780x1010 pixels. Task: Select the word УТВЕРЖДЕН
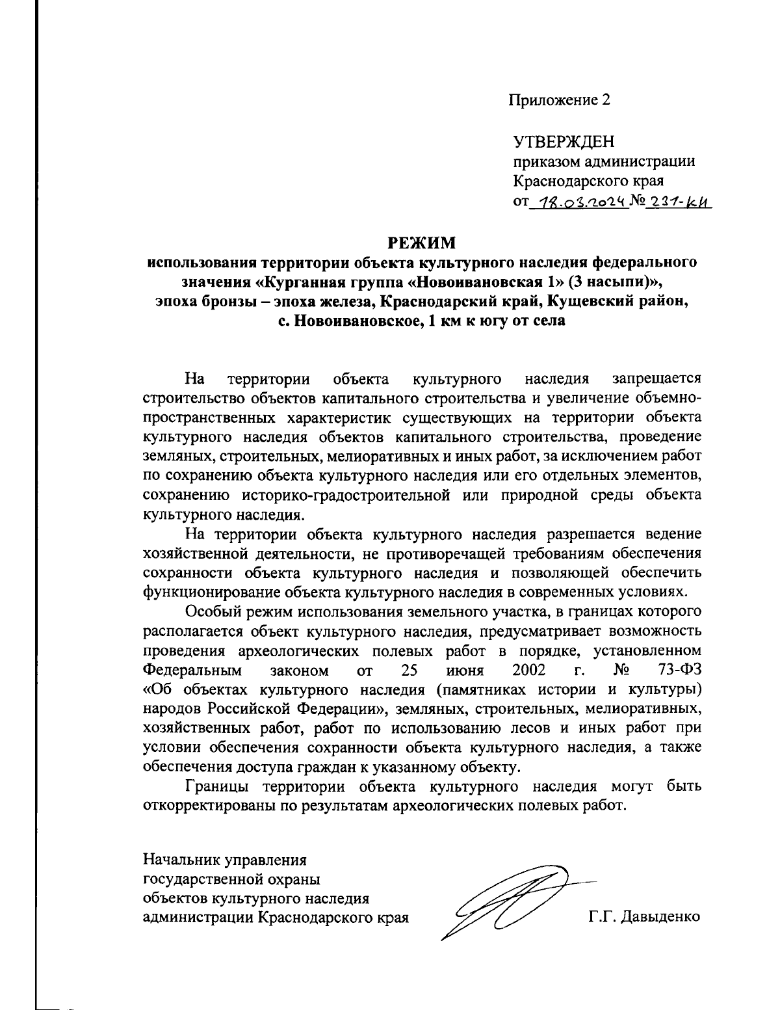(x=564, y=142)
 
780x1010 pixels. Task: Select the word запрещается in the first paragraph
(x=657, y=379)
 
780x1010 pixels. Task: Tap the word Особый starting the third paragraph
(x=212, y=612)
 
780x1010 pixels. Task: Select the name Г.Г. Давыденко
(x=644, y=918)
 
